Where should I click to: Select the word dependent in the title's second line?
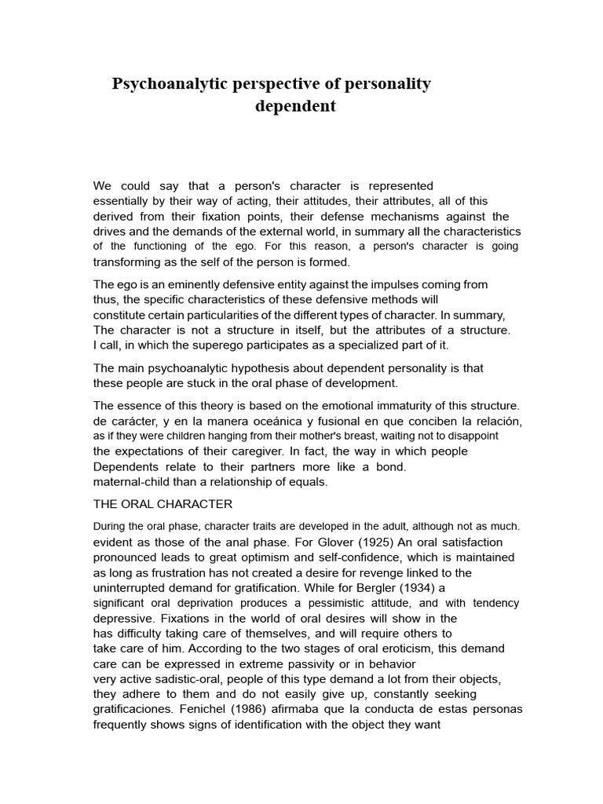(295, 106)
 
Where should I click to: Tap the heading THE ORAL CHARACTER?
(163, 503)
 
